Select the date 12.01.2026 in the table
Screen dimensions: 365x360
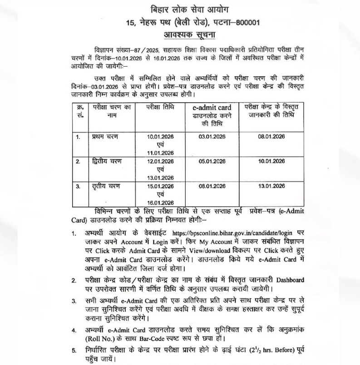(161, 161)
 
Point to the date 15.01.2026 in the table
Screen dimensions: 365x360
(161, 186)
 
